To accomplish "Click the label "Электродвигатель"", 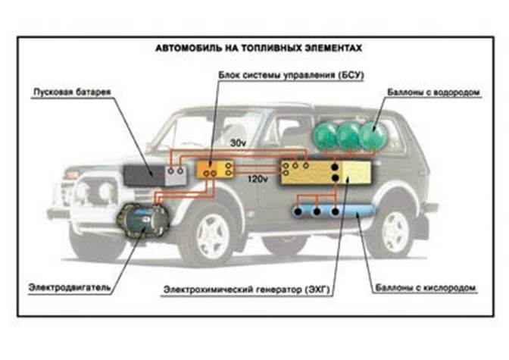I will coord(70,287).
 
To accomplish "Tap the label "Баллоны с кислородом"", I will coord(426,289).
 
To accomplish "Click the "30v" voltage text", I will coord(239,142).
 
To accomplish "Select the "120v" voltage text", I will coord(258,180).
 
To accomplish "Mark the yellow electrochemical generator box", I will coord(326,172).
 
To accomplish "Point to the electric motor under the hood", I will coord(143,222).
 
